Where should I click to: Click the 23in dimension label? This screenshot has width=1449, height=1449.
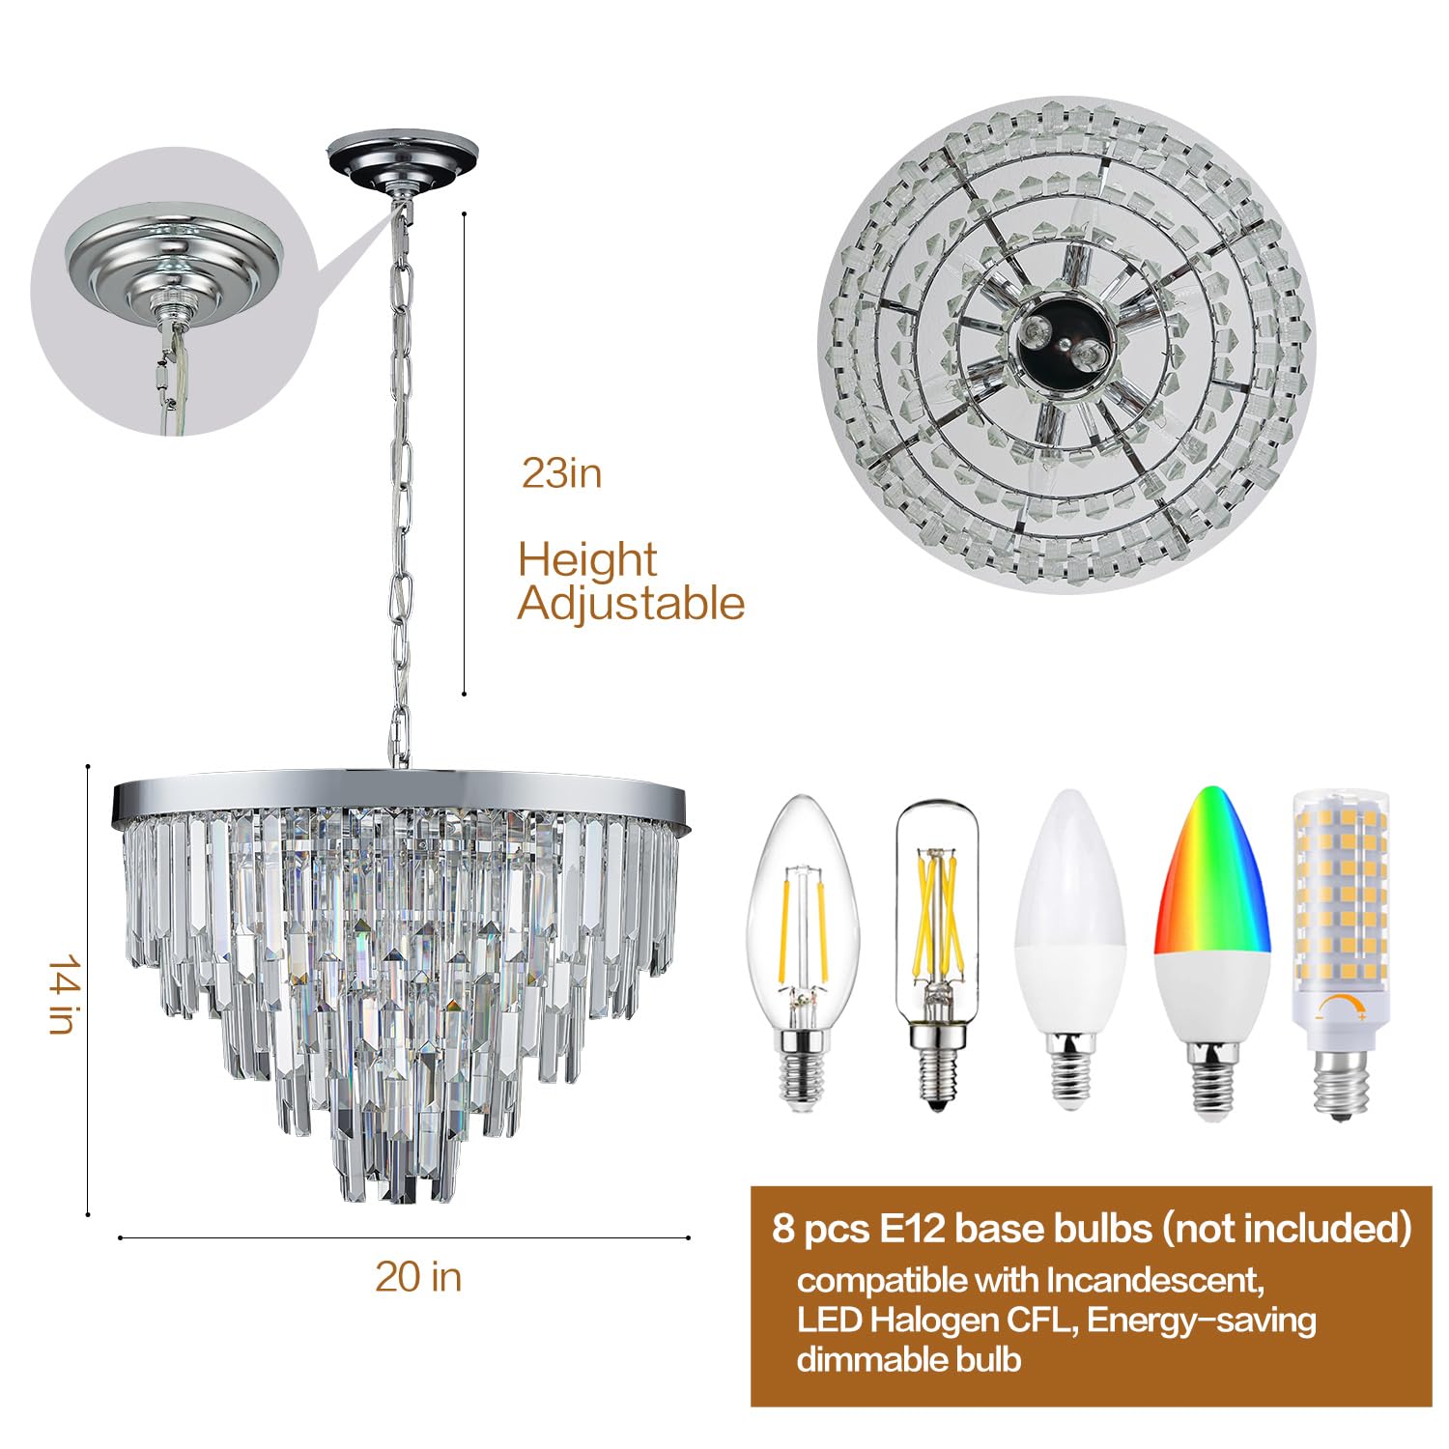(x=561, y=473)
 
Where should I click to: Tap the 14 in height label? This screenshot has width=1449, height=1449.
(x=63, y=994)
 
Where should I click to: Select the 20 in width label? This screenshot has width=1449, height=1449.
(x=418, y=1277)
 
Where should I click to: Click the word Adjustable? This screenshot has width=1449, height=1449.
(x=631, y=604)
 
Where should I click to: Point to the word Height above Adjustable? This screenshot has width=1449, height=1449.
(x=587, y=560)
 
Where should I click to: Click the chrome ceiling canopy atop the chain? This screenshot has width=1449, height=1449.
(x=402, y=158)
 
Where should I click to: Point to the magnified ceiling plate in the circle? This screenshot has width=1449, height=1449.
(x=174, y=261)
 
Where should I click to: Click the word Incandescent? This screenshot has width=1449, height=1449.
(x=1155, y=1280)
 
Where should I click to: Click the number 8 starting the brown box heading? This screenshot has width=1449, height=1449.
(x=782, y=1229)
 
